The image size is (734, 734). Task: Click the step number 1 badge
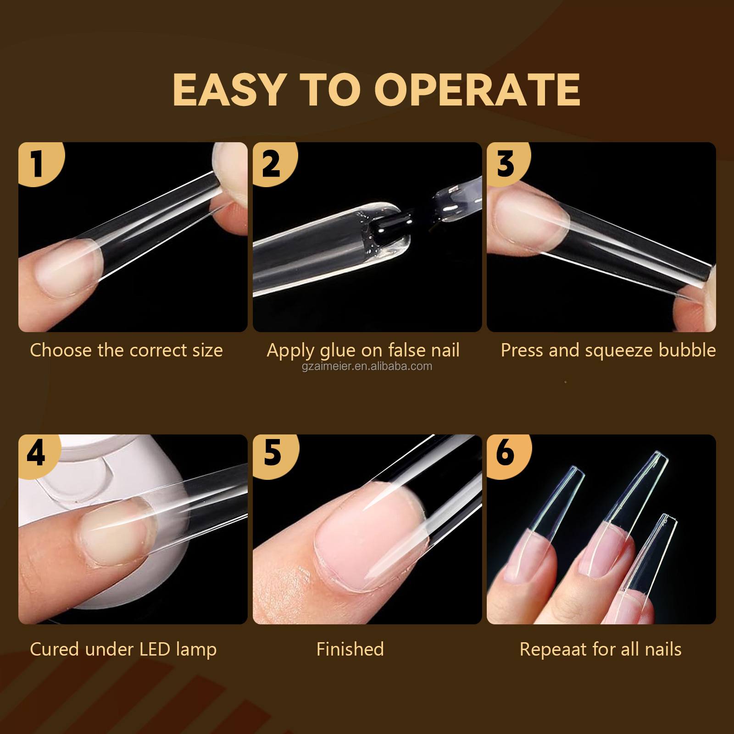pos(39,163)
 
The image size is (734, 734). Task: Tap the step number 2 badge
pos(273,163)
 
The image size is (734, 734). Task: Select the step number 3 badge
pos(507,163)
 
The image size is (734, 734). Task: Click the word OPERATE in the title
pos(478,90)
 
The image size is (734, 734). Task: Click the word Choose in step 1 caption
pos(61,350)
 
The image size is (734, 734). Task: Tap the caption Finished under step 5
pos(350,650)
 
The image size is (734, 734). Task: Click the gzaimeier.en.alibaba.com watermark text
pos(367,367)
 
